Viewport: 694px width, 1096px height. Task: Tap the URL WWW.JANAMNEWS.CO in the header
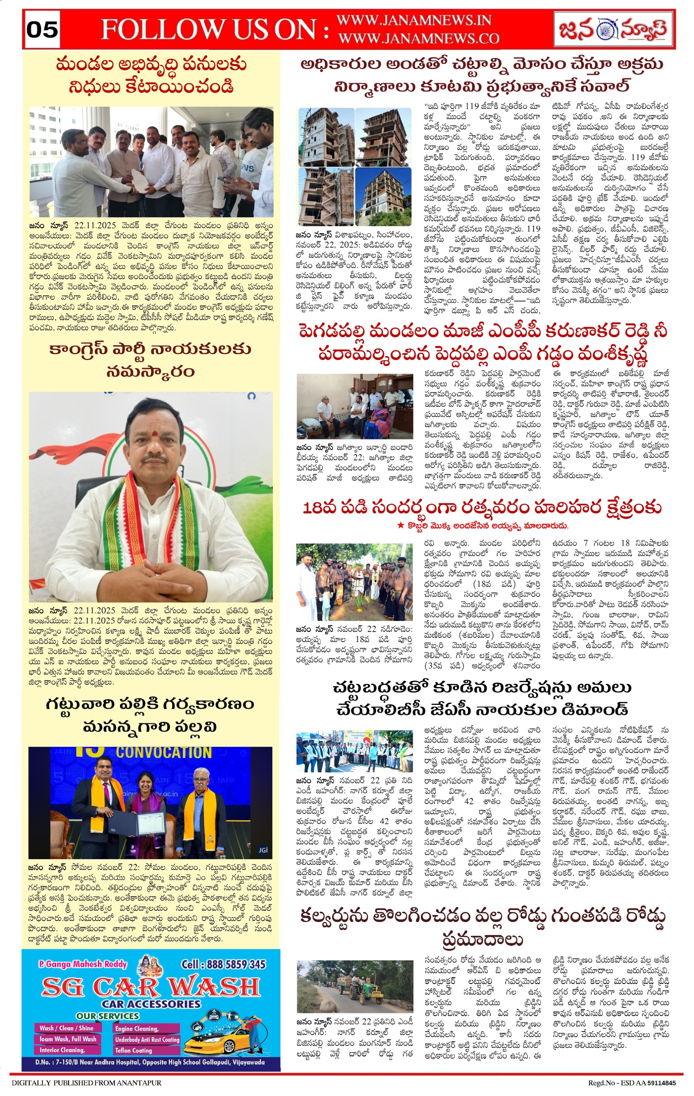click(418, 39)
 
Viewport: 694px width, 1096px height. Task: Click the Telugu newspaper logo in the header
click(613, 29)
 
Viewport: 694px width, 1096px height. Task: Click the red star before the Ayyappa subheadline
click(400, 525)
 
